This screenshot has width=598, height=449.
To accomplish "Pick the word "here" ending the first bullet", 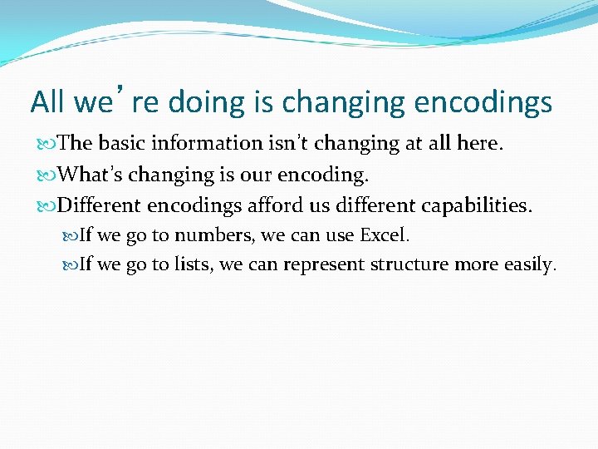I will point(478,143).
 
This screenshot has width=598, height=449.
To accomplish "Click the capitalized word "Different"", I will point(101,205).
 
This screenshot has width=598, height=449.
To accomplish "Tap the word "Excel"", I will point(384,235).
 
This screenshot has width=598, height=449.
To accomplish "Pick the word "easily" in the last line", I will point(527,265).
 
